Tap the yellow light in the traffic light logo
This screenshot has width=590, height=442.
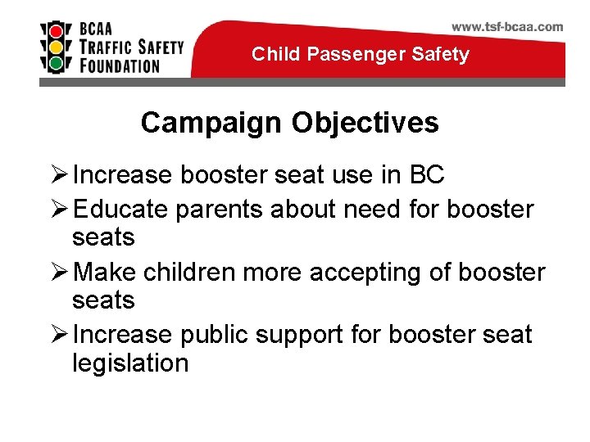point(56,45)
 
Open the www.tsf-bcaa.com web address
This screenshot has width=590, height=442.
point(507,26)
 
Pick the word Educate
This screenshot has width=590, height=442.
point(120,210)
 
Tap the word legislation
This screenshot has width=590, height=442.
point(130,363)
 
